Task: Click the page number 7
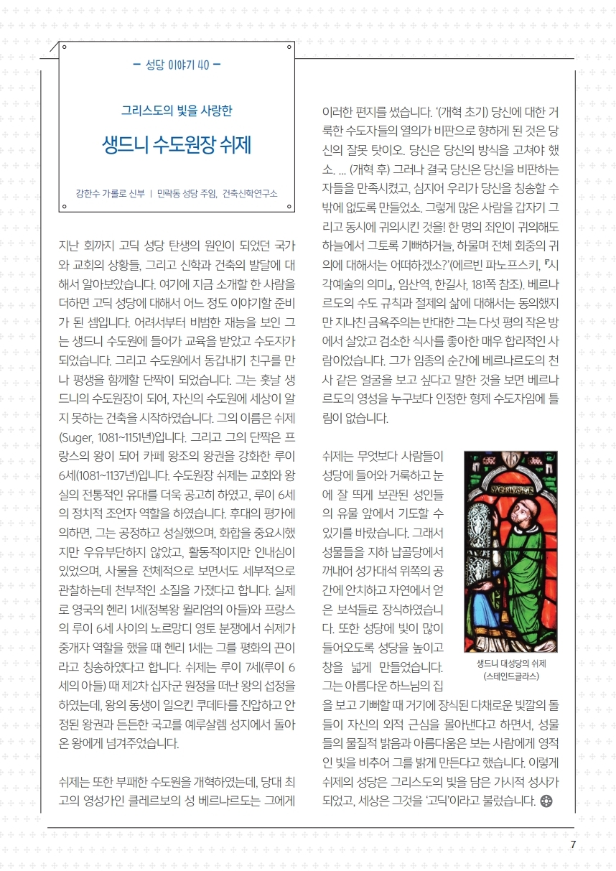tap(573, 844)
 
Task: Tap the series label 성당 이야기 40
tap(177, 64)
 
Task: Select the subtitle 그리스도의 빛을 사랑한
tap(177, 111)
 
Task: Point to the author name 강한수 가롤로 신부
tap(110, 193)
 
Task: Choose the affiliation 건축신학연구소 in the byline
tap(250, 193)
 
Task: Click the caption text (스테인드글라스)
tap(510, 676)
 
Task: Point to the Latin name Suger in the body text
tap(77, 437)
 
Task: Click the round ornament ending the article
tap(546, 801)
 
